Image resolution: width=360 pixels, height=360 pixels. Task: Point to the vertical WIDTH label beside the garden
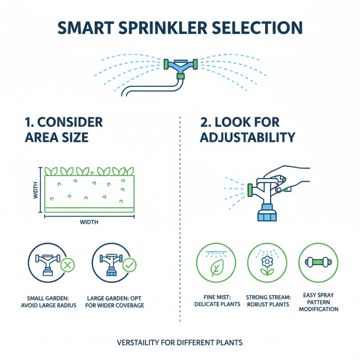click(x=36, y=190)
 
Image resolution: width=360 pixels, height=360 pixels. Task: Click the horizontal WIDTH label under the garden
click(x=89, y=222)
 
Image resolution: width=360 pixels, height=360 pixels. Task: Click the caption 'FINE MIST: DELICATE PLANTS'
click(x=216, y=301)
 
